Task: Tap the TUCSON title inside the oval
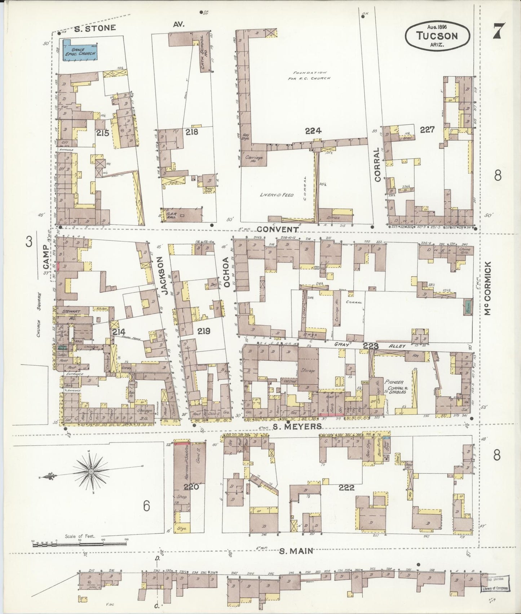[x=437, y=36]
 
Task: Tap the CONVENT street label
[x=278, y=230]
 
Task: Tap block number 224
[x=313, y=131]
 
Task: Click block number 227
[x=427, y=129]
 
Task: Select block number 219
[x=204, y=330]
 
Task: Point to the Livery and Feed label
[x=277, y=195]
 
